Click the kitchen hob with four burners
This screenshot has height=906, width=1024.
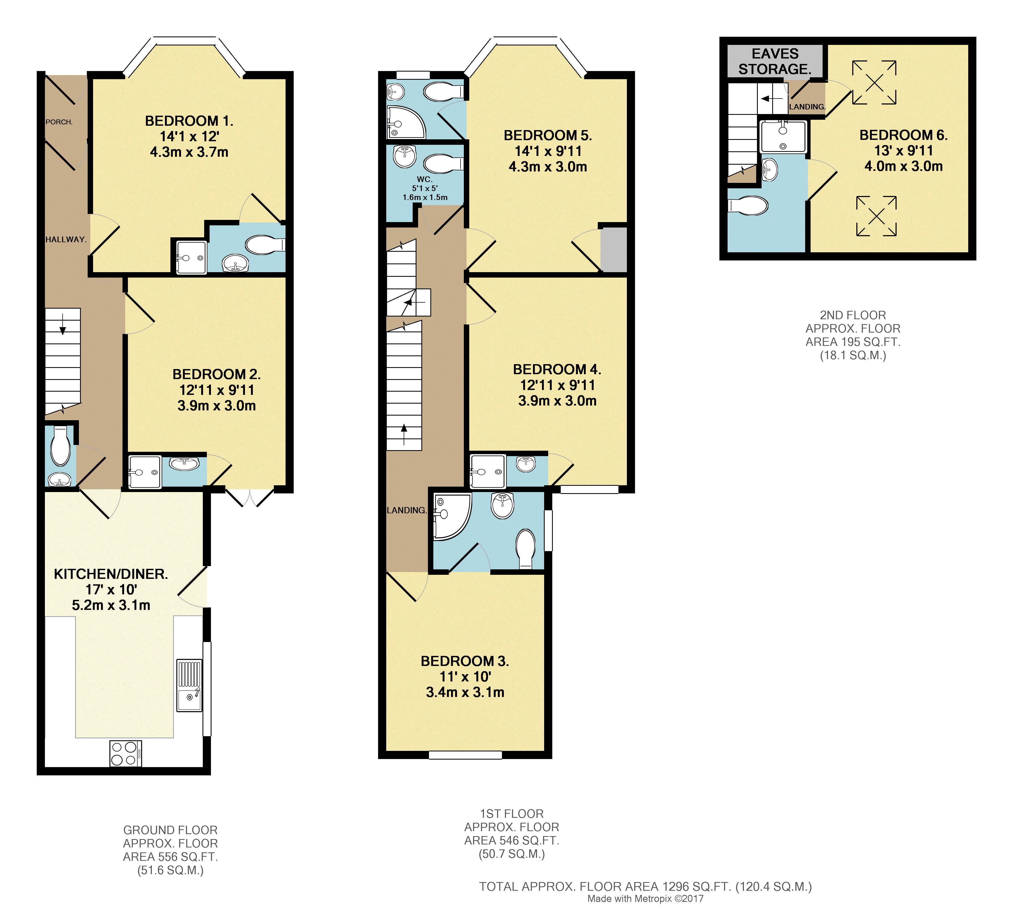125,753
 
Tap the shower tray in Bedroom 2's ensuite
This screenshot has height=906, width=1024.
145,472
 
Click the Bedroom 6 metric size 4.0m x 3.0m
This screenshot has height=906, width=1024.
903,166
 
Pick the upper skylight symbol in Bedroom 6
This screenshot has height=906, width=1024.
874,83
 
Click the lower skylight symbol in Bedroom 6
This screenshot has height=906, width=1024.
876,216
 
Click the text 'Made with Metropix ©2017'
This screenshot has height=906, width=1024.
645,898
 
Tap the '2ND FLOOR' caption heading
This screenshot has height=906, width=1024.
853,315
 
